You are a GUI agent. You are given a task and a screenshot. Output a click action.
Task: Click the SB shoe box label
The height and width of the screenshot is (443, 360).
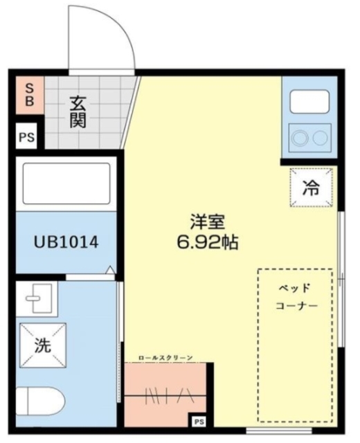(30, 95)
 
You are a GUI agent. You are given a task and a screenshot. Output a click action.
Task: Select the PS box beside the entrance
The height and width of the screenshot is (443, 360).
(27, 136)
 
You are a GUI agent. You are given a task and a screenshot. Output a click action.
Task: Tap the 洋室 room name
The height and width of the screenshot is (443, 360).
(208, 224)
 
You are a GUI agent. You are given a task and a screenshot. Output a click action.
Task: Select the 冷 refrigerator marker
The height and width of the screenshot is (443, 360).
(312, 187)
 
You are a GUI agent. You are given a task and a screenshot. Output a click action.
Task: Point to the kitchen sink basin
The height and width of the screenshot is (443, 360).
(309, 102)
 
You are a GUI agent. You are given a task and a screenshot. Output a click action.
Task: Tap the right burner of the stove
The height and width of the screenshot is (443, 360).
(320, 137)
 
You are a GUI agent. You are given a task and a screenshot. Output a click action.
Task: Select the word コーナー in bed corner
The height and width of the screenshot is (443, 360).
(296, 306)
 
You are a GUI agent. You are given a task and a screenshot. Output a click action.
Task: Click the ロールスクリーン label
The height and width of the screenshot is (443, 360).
(166, 357)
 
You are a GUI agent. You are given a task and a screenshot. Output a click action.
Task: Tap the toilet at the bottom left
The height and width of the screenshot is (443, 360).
(38, 401)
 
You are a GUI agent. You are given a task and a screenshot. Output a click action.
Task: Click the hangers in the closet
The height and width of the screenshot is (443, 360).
(163, 395)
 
